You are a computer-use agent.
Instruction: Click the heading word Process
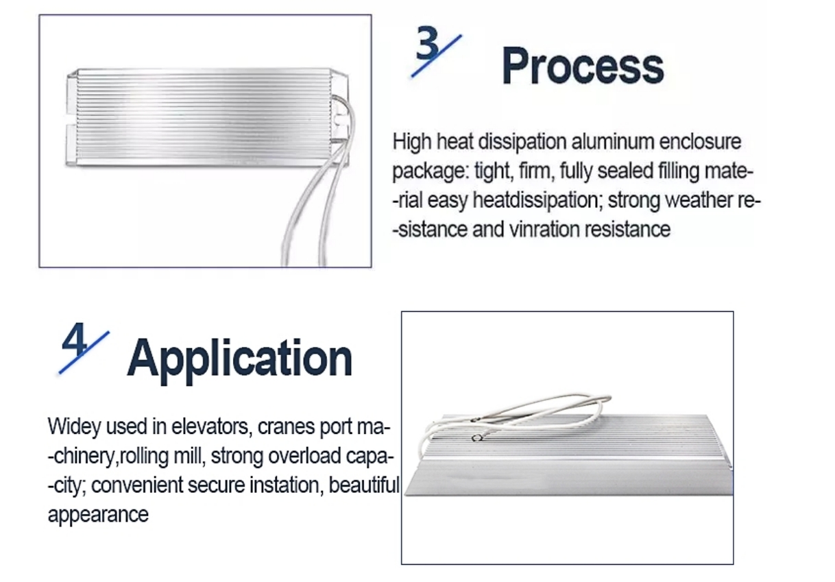click(x=583, y=66)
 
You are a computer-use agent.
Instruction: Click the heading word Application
click(x=240, y=359)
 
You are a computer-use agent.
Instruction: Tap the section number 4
click(x=74, y=339)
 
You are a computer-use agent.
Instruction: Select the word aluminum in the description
click(x=612, y=142)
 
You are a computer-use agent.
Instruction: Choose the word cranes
click(x=286, y=427)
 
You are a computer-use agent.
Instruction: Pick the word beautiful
click(x=364, y=485)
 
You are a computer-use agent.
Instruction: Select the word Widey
click(x=74, y=426)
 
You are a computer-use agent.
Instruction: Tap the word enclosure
click(x=701, y=142)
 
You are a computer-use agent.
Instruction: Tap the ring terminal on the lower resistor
click(x=476, y=438)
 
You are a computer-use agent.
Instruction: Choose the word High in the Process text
click(x=411, y=142)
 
